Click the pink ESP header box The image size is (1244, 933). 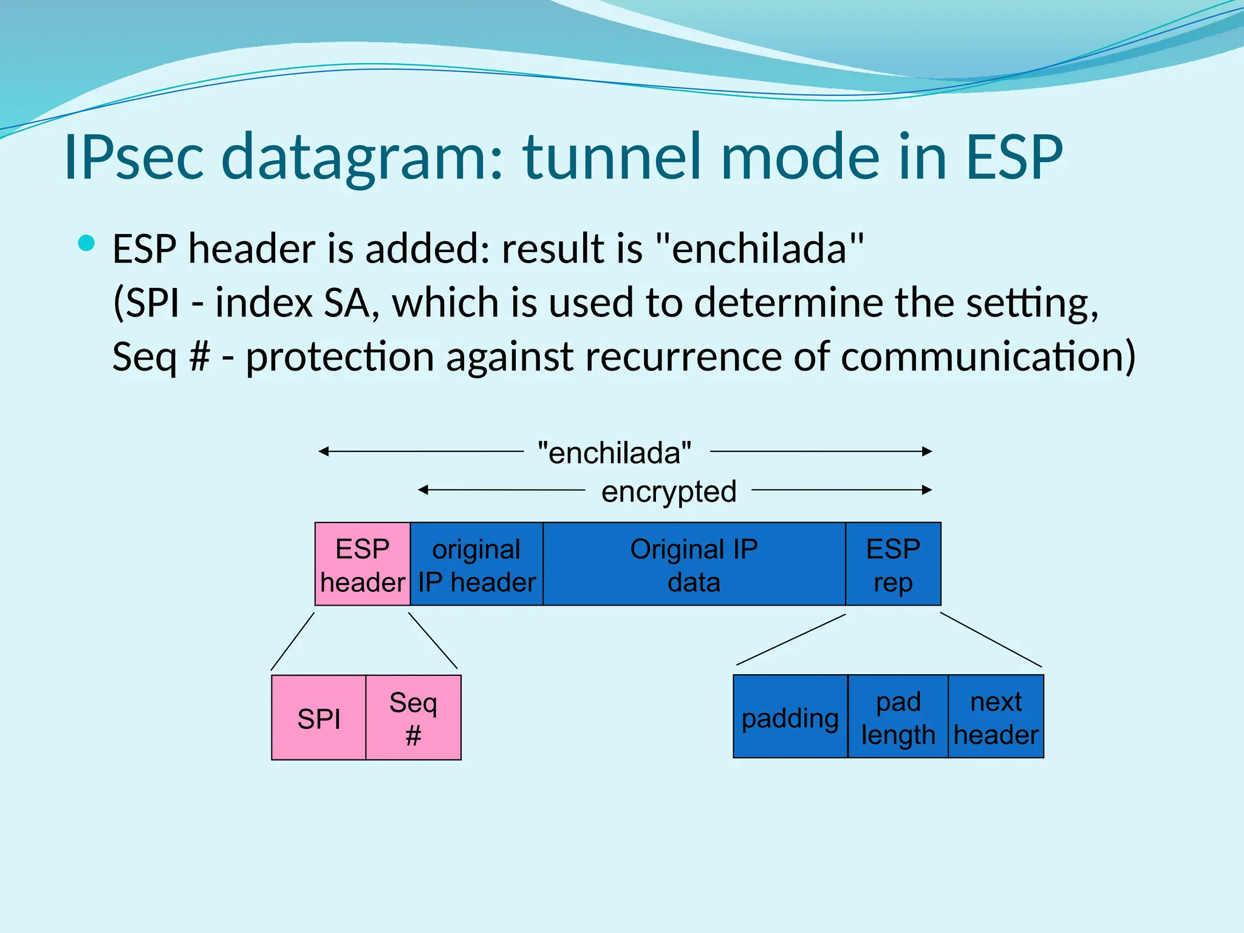coord(363,564)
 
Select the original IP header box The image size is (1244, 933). coord(477,564)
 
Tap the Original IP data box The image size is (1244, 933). coord(694,564)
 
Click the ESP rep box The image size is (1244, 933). coord(893,564)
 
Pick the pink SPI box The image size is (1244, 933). coord(319,718)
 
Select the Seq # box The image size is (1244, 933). coord(414,718)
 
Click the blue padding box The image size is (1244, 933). coord(790,717)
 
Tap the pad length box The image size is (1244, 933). coord(898,717)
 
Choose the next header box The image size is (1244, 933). coord(996,717)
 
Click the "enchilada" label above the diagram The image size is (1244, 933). coord(615,453)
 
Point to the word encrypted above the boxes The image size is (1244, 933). coord(669,491)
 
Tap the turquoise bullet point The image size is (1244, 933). coord(87,244)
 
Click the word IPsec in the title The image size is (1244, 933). coord(133,157)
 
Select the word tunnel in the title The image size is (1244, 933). coord(613,157)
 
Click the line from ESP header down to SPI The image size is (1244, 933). coord(293,641)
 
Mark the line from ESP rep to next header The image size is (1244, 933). coord(991,640)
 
